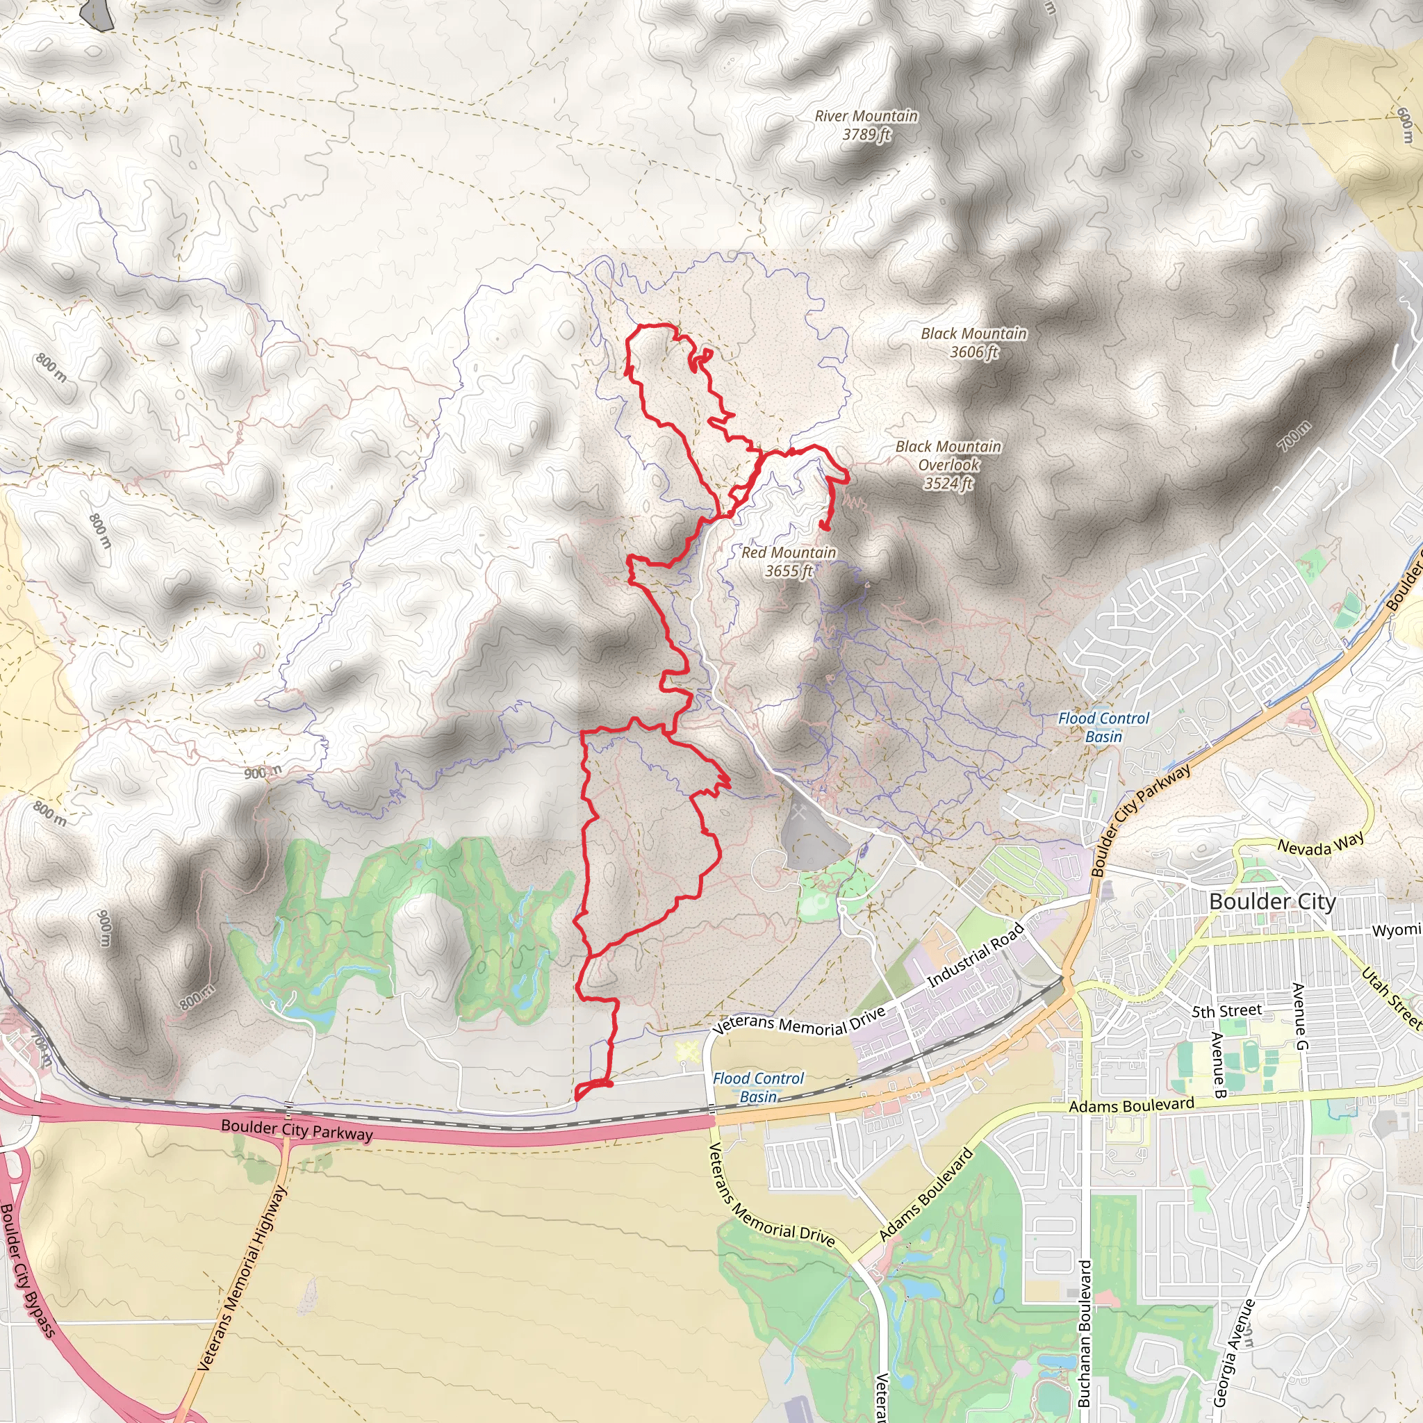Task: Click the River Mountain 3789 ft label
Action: coord(866,125)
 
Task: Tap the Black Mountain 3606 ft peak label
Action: coord(973,343)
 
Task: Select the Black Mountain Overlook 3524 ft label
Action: coord(948,465)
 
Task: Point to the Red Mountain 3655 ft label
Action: coord(788,561)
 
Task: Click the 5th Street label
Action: coord(1226,1011)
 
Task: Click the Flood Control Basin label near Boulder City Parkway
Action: coord(1103,727)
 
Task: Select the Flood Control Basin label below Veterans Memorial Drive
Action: coord(758,1087)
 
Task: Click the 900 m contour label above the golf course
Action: coord(263,773)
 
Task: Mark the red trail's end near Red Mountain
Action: coord(825,527)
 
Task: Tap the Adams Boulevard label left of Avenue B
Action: coord(1131,1105)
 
